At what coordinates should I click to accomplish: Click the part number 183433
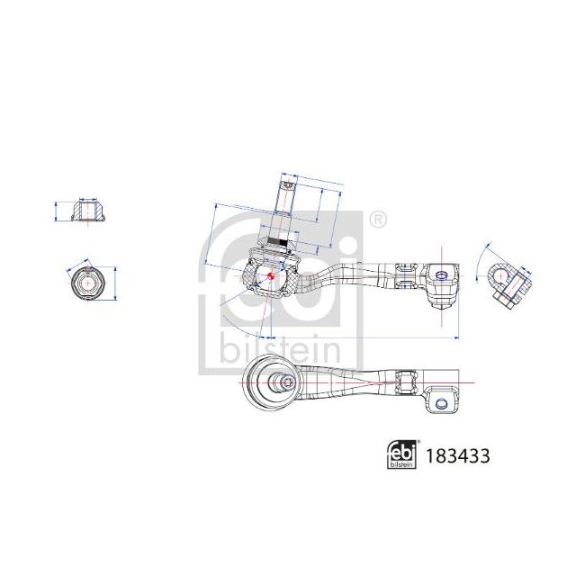pyautogui.click(x=458, y=455)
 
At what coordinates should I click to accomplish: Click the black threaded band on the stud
pyautogui.click(x=278, y=242)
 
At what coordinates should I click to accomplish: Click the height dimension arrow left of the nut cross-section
pyautogui.click(x=58, y=211)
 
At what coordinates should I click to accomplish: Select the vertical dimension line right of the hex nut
pyautogui.click(x=116, y=283)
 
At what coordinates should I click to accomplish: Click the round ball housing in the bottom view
pyautogui.click(x=274, y=382)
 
